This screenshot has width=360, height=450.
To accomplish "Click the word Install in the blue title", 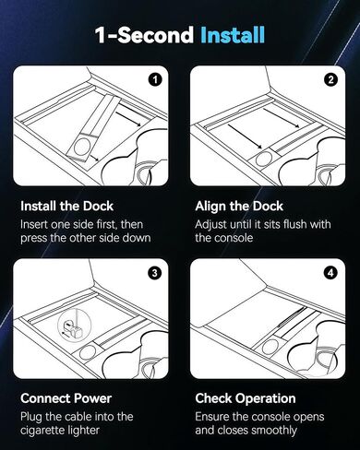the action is pos(233,35).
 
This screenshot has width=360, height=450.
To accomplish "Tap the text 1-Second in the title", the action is pos(144,35).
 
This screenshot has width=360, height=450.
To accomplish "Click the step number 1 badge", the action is pos(155,80).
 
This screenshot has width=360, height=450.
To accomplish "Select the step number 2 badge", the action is pos(331,80).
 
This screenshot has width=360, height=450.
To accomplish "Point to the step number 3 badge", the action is pos(155,273).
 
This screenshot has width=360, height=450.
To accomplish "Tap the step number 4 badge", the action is pos(331,273).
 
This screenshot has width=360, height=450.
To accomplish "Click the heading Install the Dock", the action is pos(66,206).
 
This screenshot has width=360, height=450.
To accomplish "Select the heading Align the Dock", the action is pos(239,206).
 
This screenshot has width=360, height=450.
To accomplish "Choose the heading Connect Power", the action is pos(66,398).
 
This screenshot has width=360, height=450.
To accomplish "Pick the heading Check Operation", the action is pos(246,398).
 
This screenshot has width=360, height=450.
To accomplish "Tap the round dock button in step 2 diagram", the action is pos(263,160).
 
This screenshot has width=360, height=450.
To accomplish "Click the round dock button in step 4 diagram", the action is pos(270,347).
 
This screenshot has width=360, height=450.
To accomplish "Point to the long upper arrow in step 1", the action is pos(128,115).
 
